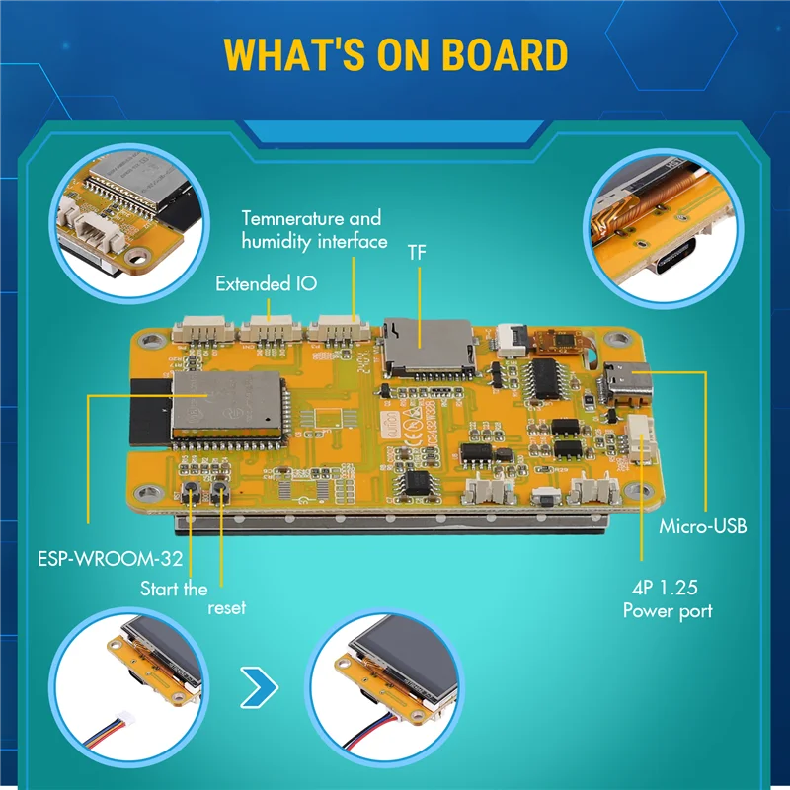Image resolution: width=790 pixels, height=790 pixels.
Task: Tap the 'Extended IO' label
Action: (x=267, y=284)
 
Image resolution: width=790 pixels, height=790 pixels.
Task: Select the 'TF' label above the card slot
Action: (x=419, y=252)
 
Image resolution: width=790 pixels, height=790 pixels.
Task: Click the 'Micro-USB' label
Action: (x=703, y=526)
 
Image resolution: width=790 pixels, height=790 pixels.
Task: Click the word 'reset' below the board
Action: (x=226, y=608)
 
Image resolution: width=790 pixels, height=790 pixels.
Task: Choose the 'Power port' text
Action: (x=668, y=611)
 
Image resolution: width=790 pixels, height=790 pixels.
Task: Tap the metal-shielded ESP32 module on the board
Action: (x=222, y=402)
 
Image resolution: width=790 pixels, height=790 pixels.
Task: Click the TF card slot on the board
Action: (x=427, y=348)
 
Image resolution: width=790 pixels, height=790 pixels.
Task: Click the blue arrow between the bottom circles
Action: (x=259, y=686)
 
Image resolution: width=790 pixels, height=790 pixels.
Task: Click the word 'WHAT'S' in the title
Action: (x=292, y=56)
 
